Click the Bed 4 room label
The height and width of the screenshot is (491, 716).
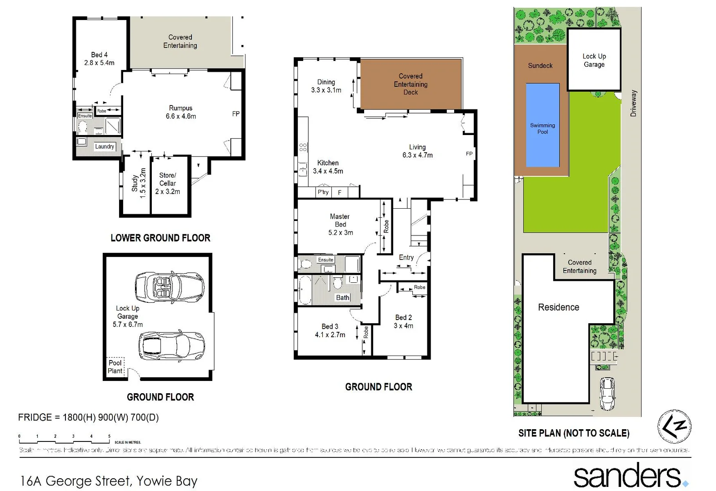click(99, 59)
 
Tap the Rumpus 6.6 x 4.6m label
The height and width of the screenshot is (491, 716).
click(180, 112)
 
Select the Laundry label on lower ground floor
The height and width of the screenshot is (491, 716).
click(105, 146)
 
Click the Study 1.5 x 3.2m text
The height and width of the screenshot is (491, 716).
click(139, 183)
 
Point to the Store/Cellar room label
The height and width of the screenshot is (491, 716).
click(167, 183)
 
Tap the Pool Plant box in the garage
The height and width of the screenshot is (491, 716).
click(115, 366)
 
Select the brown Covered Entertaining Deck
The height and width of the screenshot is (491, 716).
click(411, 84)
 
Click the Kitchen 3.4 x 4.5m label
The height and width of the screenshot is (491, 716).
click(328, 167)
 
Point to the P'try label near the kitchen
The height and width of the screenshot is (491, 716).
click(323, 192)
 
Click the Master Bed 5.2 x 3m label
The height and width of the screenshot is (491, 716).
click(340, 225)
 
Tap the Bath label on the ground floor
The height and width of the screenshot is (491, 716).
click(342, 298)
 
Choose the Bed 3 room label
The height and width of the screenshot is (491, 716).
click(330, 331)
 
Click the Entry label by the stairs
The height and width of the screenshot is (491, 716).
click(406, 257)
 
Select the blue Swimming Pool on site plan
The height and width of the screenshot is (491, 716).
click(542, 125)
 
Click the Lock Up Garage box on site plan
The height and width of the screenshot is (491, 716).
click(594, 60)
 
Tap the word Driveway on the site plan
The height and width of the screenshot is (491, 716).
click(634, 103)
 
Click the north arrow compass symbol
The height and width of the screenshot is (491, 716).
click(674, 426)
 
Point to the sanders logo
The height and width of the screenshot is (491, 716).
click(630, 476)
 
